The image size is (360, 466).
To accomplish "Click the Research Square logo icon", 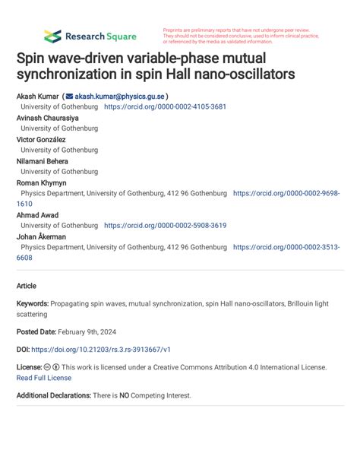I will click(x=52, y=36).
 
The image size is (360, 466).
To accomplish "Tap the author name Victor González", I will click(x=41, y=140).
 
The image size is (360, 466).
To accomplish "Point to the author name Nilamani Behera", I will click(x=43, y=161).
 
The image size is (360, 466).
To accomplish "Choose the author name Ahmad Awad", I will click(x=38, y=215).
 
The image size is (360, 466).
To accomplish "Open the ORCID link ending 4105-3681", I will click(x=165, y=107).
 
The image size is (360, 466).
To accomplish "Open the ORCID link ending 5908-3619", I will click(x=165, y=226).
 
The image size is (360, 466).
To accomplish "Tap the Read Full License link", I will click(x=44, y=377).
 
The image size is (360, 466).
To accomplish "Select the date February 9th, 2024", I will click(x=93, y=331).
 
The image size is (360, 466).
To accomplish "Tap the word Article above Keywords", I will click(x=27, y=286).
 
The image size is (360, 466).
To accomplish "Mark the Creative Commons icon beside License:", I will click(x=48, y=366).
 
